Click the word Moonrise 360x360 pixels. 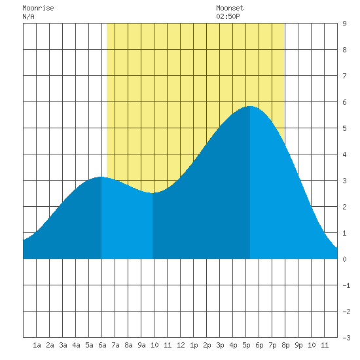tap(38, 8)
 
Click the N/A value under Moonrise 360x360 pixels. tap(28, 16)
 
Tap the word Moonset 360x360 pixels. tap(230, 8)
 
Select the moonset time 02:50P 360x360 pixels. tap(228, 16)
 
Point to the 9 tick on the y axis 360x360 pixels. tap(344, 24)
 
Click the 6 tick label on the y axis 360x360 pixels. tap(344, 102)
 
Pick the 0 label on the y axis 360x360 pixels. tap(344, 259)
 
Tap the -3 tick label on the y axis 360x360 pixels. tap(346, 338)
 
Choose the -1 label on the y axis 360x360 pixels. tap(346, 285)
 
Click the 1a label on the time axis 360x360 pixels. tap(37, 345)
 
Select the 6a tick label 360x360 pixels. tap(102, 345)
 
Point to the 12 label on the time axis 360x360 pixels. tap(181, 345)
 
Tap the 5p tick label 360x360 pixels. tap(246, 345)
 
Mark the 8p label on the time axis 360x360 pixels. tap(285, 345)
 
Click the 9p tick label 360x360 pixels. tap(298, 345)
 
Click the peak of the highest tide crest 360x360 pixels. tap(250, 106)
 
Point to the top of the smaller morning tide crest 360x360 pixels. tap(101, 177)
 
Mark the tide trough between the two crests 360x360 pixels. tap(153, 193)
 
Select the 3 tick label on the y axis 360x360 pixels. tap(344, 181)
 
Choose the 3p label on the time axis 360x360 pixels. tap(220, 345)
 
